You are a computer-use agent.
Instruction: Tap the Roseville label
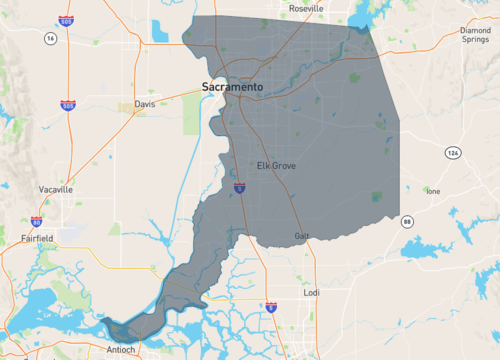pyautogui.click(x=305, y=7)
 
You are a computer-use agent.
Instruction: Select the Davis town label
pyautogui.click(x=146, y=103)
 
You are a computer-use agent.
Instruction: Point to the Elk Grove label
pyautogui.click(x=276, y=165)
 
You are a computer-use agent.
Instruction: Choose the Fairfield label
pyautogui.click(x=36, y=238)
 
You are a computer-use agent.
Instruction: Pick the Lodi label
pyautogui.click(x=313, y=293)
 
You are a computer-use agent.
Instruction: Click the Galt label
pyautogui.click(x=302, y=236)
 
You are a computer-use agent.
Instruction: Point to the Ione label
pyautogui.click(x=433, y=191)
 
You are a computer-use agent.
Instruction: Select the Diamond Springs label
pyautogui.click(x=475, y=36)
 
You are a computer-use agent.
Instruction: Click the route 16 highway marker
pyautogui.click(x=49, y=38)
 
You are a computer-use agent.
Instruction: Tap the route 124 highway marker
pyautogui.click(x=453, y=152)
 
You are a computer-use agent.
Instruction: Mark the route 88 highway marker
pyautogui.click(x=407, y=220)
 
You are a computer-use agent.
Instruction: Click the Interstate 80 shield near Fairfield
pyautogui.click(x=37, y=222)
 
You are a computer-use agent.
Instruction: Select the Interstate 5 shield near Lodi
pyautogui.click(x=271, y=307)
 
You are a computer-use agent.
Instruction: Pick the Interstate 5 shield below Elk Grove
pyautogui.click(x=240, y=186)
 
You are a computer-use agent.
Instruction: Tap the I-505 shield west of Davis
pyautogui.click(x=67, y=105)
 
